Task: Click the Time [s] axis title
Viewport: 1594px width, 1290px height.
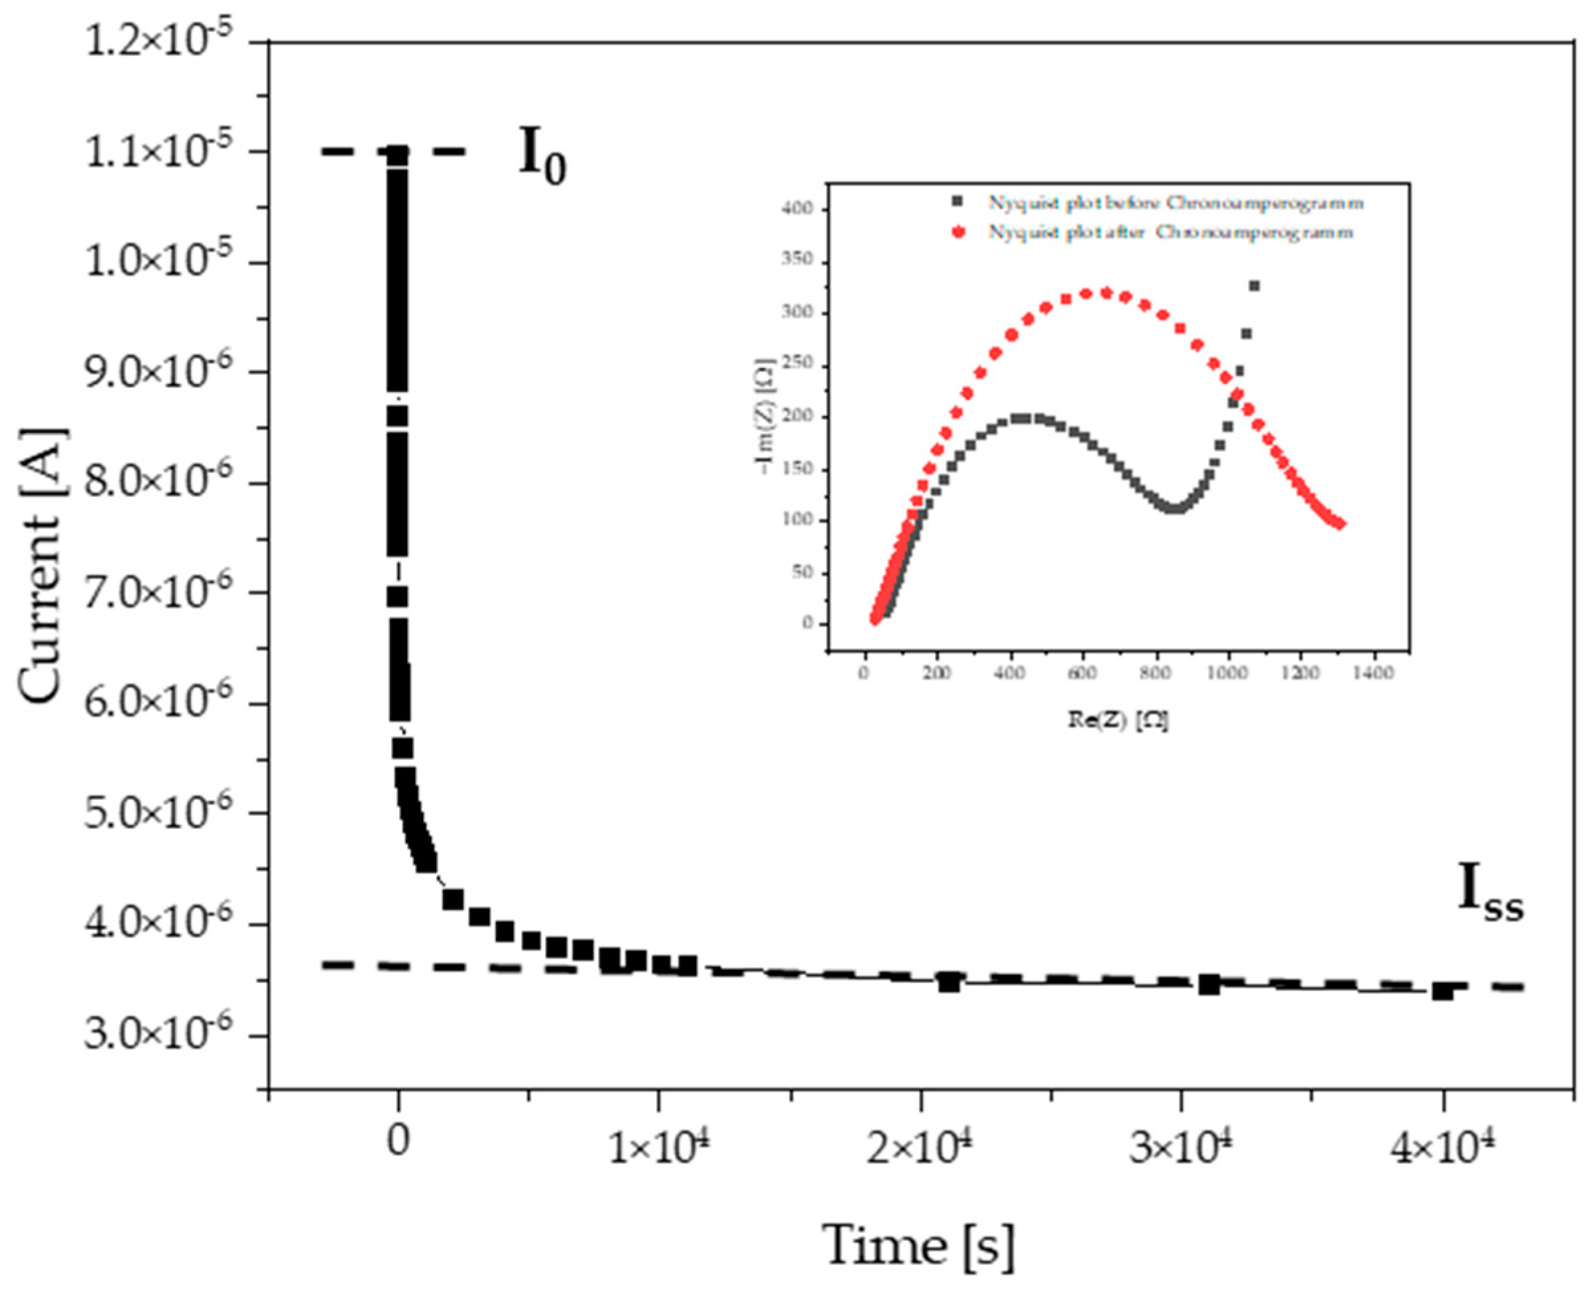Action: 918,1246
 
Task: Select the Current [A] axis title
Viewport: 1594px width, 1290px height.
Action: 42,564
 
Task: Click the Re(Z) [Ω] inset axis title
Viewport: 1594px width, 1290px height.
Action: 1118,720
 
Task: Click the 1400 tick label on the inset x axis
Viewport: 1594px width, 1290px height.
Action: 1373,673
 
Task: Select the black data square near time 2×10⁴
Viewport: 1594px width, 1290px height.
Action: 950,984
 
